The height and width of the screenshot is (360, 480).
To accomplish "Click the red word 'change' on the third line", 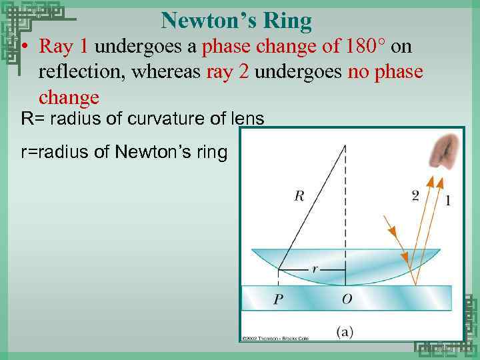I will [69, 97].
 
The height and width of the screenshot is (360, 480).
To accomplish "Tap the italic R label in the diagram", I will [299, 196].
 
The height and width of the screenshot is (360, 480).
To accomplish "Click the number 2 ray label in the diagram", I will [415, 195].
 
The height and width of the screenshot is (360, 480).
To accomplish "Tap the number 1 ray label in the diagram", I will [447, 200].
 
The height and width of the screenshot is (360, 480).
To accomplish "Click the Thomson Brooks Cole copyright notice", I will [270, 337].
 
